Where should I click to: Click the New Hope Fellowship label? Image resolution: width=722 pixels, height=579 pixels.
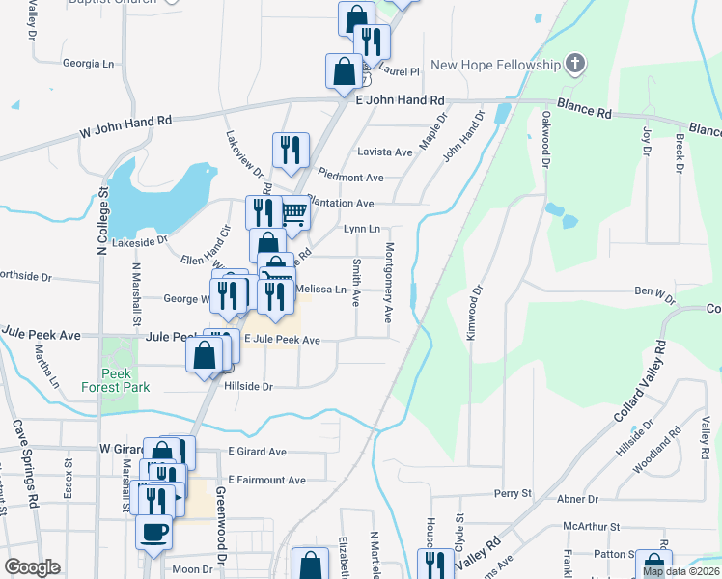pyautogui.click(x=495, y=65)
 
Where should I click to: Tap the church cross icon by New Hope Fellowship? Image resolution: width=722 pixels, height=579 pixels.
pyautogui.click(x=575, y=65)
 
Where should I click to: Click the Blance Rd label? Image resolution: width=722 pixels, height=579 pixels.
pyautogui.click(x=585, y=113)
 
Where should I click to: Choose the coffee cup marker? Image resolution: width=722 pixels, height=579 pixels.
pyautogui.click(x=154, y=532)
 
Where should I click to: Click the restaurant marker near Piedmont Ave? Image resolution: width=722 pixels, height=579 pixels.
pyautogui.click(x=291, y=151)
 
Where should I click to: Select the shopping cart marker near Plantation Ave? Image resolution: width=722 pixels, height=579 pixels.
pyautogui.click(x=294, y=213)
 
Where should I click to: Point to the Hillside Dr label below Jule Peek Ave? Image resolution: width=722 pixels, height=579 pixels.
pyautogui.click(x=249, y=386)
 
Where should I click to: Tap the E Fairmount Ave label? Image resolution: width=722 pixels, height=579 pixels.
pyautogui.click(x=266, y=480)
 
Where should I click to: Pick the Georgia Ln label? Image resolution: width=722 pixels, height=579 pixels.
pyautogui.click(x=88, y=64)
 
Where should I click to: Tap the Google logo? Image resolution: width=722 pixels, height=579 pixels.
pyautogui.click(x=33, y=566)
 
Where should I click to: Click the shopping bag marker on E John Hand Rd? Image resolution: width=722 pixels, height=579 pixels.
pyautogui.click(x=345, y=71)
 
